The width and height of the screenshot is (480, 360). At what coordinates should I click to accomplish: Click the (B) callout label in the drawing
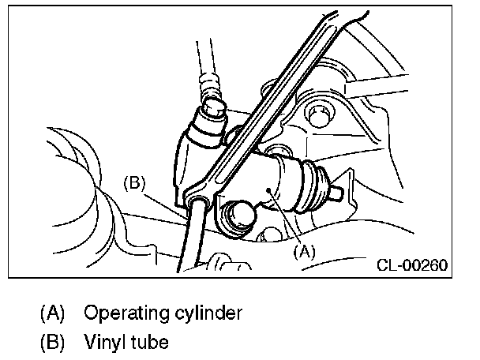pyautogui.click(x=137, y=183)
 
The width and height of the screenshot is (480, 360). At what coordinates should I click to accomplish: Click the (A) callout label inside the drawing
pyautogui.click(x=304, y=253)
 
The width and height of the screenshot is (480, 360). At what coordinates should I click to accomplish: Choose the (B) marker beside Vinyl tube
pyautogui.click(x=52, y=343)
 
